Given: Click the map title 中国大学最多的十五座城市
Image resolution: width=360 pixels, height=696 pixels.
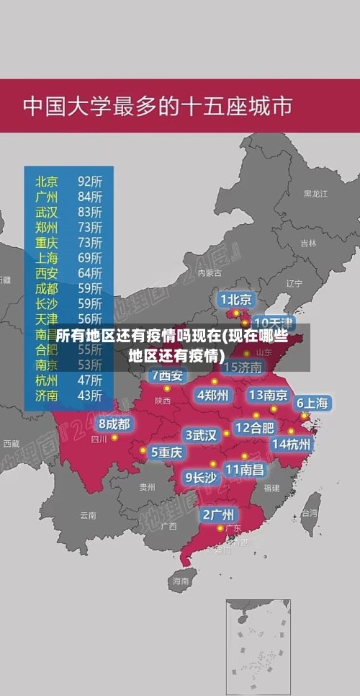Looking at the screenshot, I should point(158,106).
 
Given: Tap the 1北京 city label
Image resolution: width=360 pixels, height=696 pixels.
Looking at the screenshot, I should point(236,299).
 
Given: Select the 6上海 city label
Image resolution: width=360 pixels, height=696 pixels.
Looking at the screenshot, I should point(312,403).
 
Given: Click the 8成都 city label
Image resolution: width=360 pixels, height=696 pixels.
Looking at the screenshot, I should point(114,424).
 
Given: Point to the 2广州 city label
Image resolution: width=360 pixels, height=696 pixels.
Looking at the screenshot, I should point(217,514).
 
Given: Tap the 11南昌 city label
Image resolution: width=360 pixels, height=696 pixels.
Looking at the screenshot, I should point(244,468).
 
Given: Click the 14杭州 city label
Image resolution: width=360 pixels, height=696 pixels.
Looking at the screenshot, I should point(292,444).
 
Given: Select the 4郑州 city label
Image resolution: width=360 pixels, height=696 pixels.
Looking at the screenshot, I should point(212,395).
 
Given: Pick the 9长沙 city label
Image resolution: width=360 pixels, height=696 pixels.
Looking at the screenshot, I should point(201,476).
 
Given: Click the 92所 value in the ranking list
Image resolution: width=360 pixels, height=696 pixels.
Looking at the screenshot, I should point(89,181).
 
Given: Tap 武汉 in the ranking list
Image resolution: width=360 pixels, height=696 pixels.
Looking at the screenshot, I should point(47,212).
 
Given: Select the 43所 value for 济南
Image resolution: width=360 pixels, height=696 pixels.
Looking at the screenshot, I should point(89,395).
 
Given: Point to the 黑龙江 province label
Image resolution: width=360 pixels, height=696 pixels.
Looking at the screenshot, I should point(315,194).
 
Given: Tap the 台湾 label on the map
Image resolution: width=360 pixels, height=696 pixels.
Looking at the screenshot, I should point(309,513).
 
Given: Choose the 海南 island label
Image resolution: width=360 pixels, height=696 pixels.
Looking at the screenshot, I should point(180,580).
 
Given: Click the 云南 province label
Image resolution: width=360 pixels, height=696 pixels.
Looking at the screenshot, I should point(88,515).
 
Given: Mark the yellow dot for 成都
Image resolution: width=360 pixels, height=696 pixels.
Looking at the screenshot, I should point(114,437).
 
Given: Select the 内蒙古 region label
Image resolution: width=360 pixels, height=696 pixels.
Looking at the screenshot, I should point(210,273).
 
